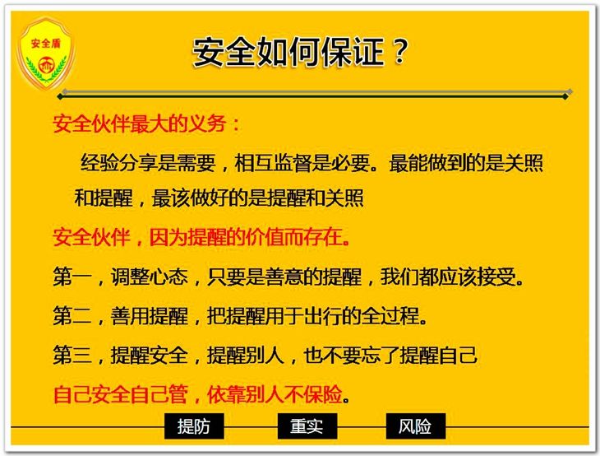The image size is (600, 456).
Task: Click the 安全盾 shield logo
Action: pos(45,53)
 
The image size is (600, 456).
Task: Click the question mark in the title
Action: pos(400,52)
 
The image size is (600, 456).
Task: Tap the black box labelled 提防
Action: pos(194,426)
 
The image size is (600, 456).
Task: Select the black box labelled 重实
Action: pos(307,426)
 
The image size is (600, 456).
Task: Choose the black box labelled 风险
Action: pos(416,426)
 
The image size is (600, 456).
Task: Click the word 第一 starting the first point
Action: pos(72,277)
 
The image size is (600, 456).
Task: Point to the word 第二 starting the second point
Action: pos(72,316)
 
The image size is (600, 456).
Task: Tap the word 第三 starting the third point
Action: pos(72,355)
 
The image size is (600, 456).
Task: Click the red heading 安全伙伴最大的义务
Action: pos(140,123)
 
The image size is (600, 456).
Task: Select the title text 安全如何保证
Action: pos(288,52)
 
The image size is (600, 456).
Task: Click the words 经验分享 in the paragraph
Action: pos(119,162)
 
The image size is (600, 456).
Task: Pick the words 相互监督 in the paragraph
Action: pos(273,162)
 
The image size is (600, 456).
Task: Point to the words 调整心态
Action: pos(150,277)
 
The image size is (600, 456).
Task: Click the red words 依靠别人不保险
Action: pos(275,394)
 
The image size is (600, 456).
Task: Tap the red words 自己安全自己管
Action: pos(121,394)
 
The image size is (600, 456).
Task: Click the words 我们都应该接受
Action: pos(448,277)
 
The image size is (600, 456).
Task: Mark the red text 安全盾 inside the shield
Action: pos(46,44)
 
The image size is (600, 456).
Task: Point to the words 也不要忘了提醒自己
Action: pos(390,355)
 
